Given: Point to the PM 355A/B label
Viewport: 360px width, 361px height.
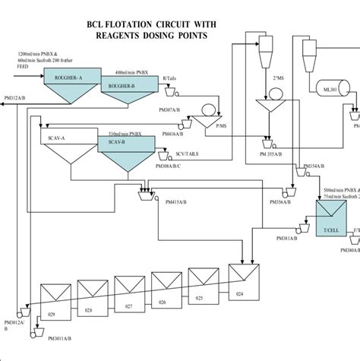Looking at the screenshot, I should point(273,153).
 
